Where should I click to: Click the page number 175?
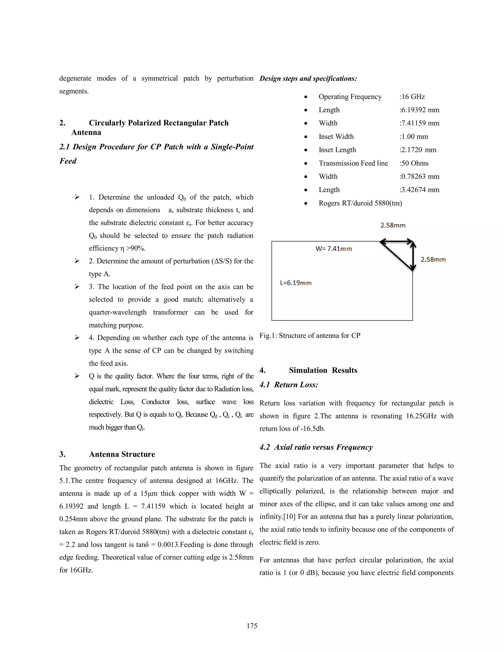coord(252,626)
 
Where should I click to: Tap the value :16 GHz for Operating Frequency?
coord(412,97)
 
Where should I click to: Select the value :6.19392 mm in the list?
coord(420,110)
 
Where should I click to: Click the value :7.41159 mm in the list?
coord(420,123)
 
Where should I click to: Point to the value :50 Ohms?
coord(414,163)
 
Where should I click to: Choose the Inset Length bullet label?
coord(337,150)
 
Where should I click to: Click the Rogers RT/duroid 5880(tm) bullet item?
coord(360,203)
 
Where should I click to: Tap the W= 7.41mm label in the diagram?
coord(333,249)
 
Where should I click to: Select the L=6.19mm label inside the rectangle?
coord(296,283)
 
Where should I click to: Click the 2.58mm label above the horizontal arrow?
coord(393,225)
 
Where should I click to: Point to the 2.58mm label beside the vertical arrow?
coord(433,259)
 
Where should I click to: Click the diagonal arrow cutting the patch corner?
coord(397,256)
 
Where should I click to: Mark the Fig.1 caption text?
coord(310,336)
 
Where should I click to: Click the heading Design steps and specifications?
coord(308,78)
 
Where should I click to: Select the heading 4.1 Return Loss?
coord(288,385)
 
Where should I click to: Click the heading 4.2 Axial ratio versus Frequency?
coord(316,447)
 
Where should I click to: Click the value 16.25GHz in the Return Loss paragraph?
coord(422,416)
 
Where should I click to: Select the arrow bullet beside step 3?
coord(77,287)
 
